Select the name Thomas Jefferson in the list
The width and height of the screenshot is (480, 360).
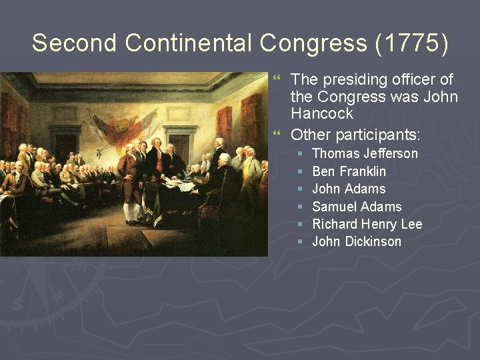coord(365,154)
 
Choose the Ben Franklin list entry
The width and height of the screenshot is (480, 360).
coord(349,171)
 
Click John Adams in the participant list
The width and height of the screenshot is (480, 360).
coord(349,189)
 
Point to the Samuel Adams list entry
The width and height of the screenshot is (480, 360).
coord(357,207)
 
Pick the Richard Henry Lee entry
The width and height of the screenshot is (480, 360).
coord(367,224)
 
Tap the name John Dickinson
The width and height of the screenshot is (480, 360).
coord(357,241)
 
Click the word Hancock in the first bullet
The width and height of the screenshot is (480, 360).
coord(321,114)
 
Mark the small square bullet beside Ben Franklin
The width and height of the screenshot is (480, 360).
coord(301,172)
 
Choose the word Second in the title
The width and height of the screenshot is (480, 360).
coord(75,43)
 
